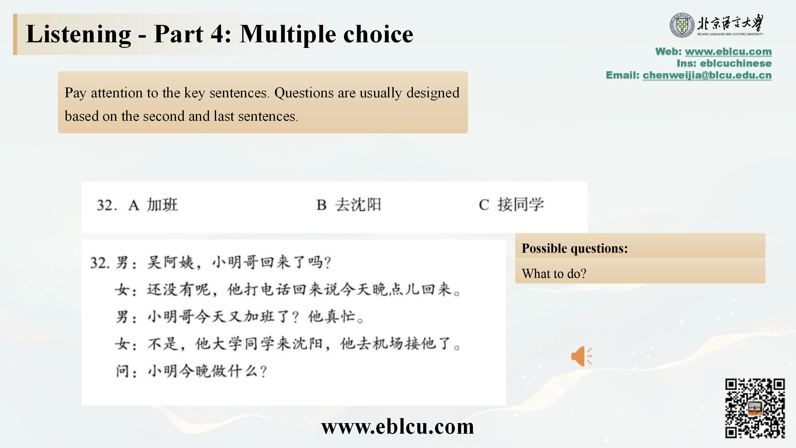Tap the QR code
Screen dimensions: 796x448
click(755, 408)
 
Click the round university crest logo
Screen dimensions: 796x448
click(682, 25)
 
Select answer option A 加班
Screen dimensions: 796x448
click(153, 205)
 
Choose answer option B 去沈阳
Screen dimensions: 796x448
click(349, 205)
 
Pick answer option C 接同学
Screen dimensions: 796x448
click(511, 205)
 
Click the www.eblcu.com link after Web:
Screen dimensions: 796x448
click(728, 51)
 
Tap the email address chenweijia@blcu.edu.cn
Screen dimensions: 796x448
click(707, 75)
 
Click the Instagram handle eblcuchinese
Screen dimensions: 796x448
click(736, 63)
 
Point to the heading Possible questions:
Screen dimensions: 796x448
click(575, 248)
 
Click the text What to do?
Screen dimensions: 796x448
click(554, 273)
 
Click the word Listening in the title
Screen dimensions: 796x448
click(79, 35)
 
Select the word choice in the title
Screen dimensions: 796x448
click(378, 34)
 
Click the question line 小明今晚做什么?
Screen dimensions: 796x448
click(207, 371)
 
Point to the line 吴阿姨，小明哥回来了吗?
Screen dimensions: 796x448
click(239, 263)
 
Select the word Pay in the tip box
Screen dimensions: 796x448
click(75, 93)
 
